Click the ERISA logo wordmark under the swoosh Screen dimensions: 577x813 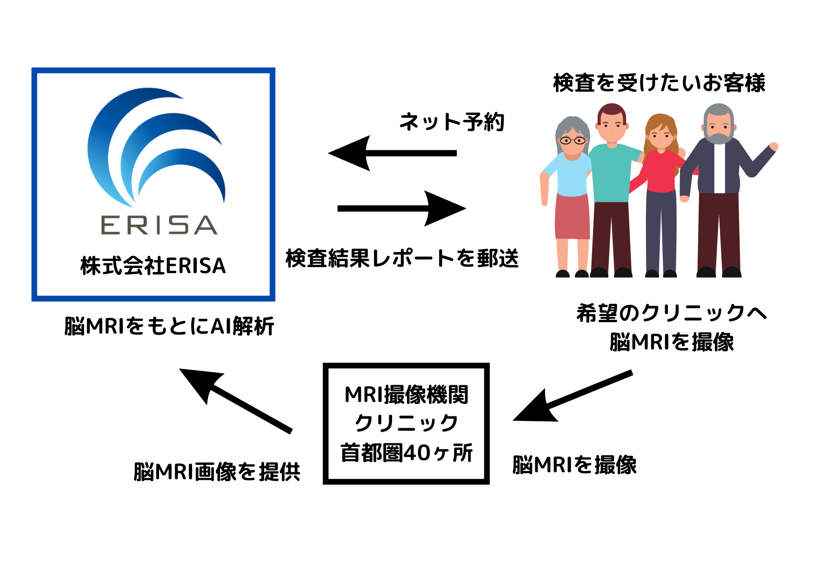pyautogui.click(x=159, y=225)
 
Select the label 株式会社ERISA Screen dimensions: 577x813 pyautogui.click(x=153, y=266)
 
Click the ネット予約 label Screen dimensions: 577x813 pyautogui.click(x=452, y=122)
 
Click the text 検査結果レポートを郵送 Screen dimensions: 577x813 pyautogui.click(x=402, y=258)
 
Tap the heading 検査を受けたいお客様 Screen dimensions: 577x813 pyautogui.click(x=659, y=83)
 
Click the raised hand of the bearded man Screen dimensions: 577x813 pyautogui.click(x=773, y=147)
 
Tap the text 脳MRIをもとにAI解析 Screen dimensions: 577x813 pyautogui.click(x=169, y=326)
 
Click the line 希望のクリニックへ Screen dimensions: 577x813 pyautogui.click(x=671, y=313)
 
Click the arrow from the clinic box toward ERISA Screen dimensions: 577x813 pyautogui.click(x=235, y=400)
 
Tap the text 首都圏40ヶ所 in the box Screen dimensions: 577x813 pyautogui.click(x=406, y=452)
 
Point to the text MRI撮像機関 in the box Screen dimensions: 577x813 pyautogui.click(x=406, y=395)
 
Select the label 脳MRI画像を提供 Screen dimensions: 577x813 pyautogui.click(x=217, y=471)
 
